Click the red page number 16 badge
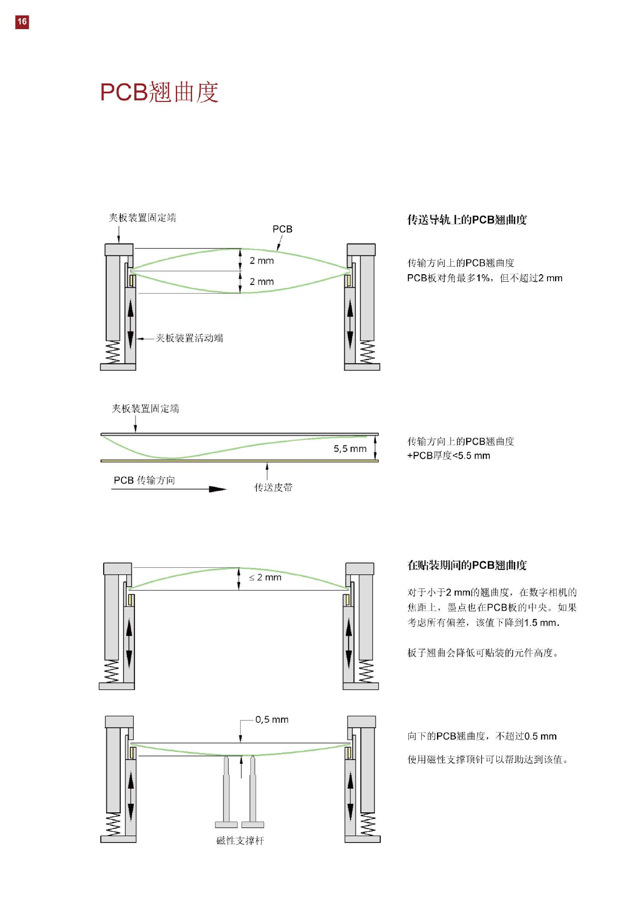point(22,22)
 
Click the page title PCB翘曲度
point(159,92)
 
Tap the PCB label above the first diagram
point(282,229)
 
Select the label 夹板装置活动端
point(189,338)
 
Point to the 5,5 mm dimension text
point(350,449)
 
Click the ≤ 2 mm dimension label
point(265,578)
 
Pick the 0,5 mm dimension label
point(272,720)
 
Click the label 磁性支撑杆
point(240,840)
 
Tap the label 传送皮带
point(273,487)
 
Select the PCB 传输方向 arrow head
point(218,489)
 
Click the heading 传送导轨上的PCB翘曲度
point(467,220)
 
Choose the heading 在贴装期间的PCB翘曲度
point(467,565)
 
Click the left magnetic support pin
point(227,793)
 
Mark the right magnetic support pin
point(252,793)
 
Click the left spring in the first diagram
point(113,352)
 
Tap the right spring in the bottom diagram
point(367,824)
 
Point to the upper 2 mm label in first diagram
point(262,261)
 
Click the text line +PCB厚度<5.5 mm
point(448,456)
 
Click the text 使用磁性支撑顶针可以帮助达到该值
point(488,759)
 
